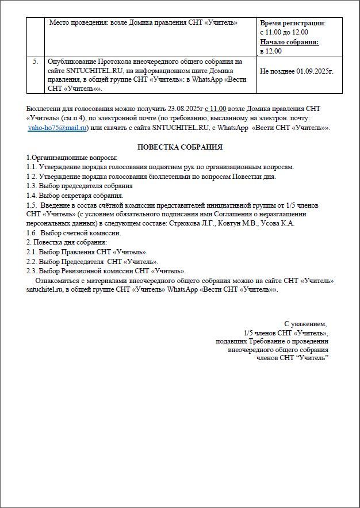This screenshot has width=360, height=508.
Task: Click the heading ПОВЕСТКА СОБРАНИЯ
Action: (x=180, y=147)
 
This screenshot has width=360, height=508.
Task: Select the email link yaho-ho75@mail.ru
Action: (x=58, y=128)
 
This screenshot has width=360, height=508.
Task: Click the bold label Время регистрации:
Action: (x=293, y=23)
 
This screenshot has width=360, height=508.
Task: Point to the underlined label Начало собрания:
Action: (x=289, y=42)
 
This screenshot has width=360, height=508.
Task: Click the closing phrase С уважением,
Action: (x=305, y=324)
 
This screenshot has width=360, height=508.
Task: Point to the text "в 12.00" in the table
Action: (x=271, y=51)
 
